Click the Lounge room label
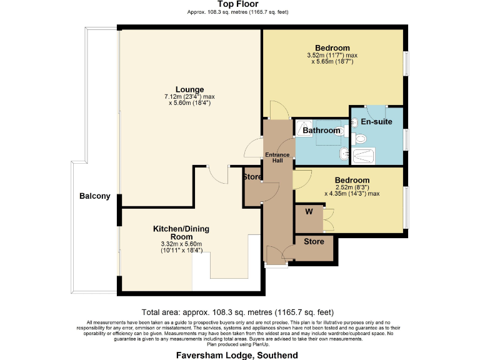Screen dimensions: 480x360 coord(189,89)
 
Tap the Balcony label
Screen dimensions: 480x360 coord(95,196)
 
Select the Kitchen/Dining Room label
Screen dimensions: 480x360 coord(181,232)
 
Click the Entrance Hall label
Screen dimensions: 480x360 coord(277,157)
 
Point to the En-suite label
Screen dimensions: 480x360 coord(376,121)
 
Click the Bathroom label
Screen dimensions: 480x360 coord(321,131)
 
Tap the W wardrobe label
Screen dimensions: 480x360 coord(309,211)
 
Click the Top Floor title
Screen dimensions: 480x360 coord(238,4)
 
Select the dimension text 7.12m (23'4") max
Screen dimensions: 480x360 coord(189,97)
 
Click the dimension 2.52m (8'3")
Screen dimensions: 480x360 coord(352,187)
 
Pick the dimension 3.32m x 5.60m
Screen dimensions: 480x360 coord(181,244)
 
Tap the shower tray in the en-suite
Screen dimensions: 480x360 coord(363,156)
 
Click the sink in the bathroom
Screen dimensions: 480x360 coord(344,154)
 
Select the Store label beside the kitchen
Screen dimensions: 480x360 coord(252,177)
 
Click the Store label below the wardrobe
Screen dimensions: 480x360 coord(314,241)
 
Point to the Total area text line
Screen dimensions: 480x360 coord(237,312)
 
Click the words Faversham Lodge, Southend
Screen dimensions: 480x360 coord(237,356)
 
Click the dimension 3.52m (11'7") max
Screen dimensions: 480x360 coord(332,56)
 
